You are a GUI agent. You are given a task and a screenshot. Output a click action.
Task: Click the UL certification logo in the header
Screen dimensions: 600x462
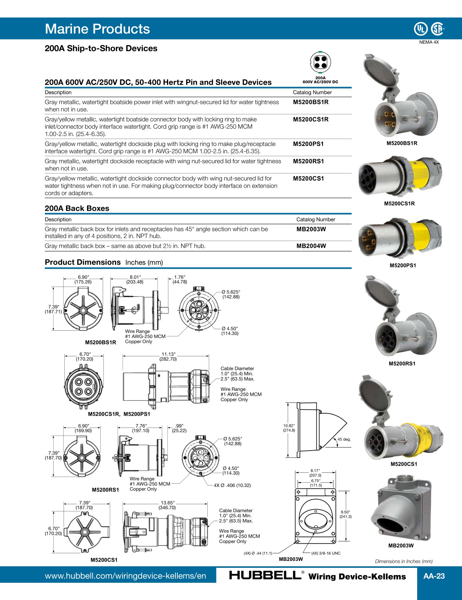[420, 29]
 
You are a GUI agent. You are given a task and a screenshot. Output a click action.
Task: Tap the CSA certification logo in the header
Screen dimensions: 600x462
[437, 29]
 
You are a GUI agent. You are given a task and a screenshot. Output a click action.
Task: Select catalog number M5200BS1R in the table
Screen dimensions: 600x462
[310, 102]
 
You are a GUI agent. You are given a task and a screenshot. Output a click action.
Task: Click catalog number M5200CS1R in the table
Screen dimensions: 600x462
[310, 120]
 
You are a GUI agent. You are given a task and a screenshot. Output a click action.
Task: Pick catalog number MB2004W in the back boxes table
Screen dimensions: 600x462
[311, 246]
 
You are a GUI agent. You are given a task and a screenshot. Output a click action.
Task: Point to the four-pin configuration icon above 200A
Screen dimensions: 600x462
[320, 62]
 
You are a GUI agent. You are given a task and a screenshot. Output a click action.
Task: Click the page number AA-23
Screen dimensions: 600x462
[434, 576]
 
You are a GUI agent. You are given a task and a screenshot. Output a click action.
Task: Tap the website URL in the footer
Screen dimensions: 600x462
[125, 576]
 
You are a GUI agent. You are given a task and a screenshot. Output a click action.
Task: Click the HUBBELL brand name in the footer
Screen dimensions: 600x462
[265, 575]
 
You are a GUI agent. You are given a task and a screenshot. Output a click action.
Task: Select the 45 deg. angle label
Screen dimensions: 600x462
[344, 439]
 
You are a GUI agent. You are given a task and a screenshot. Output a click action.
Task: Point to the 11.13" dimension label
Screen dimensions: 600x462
[168, 354]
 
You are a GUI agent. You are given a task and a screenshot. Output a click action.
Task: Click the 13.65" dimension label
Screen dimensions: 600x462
[167, 503]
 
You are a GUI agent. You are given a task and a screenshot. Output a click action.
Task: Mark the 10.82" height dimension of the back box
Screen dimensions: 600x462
[289, 428]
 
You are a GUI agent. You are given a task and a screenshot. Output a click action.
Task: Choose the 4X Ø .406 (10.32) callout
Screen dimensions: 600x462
[232, 485]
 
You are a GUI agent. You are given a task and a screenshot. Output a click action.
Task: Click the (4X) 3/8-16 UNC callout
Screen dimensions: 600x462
[326, 553]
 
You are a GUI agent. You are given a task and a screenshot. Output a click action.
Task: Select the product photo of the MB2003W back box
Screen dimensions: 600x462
[401, 508]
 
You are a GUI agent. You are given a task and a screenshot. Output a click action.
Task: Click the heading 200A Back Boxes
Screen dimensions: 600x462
[77, 208]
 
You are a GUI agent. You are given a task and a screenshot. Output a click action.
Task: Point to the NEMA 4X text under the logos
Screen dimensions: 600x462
[429, 42]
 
